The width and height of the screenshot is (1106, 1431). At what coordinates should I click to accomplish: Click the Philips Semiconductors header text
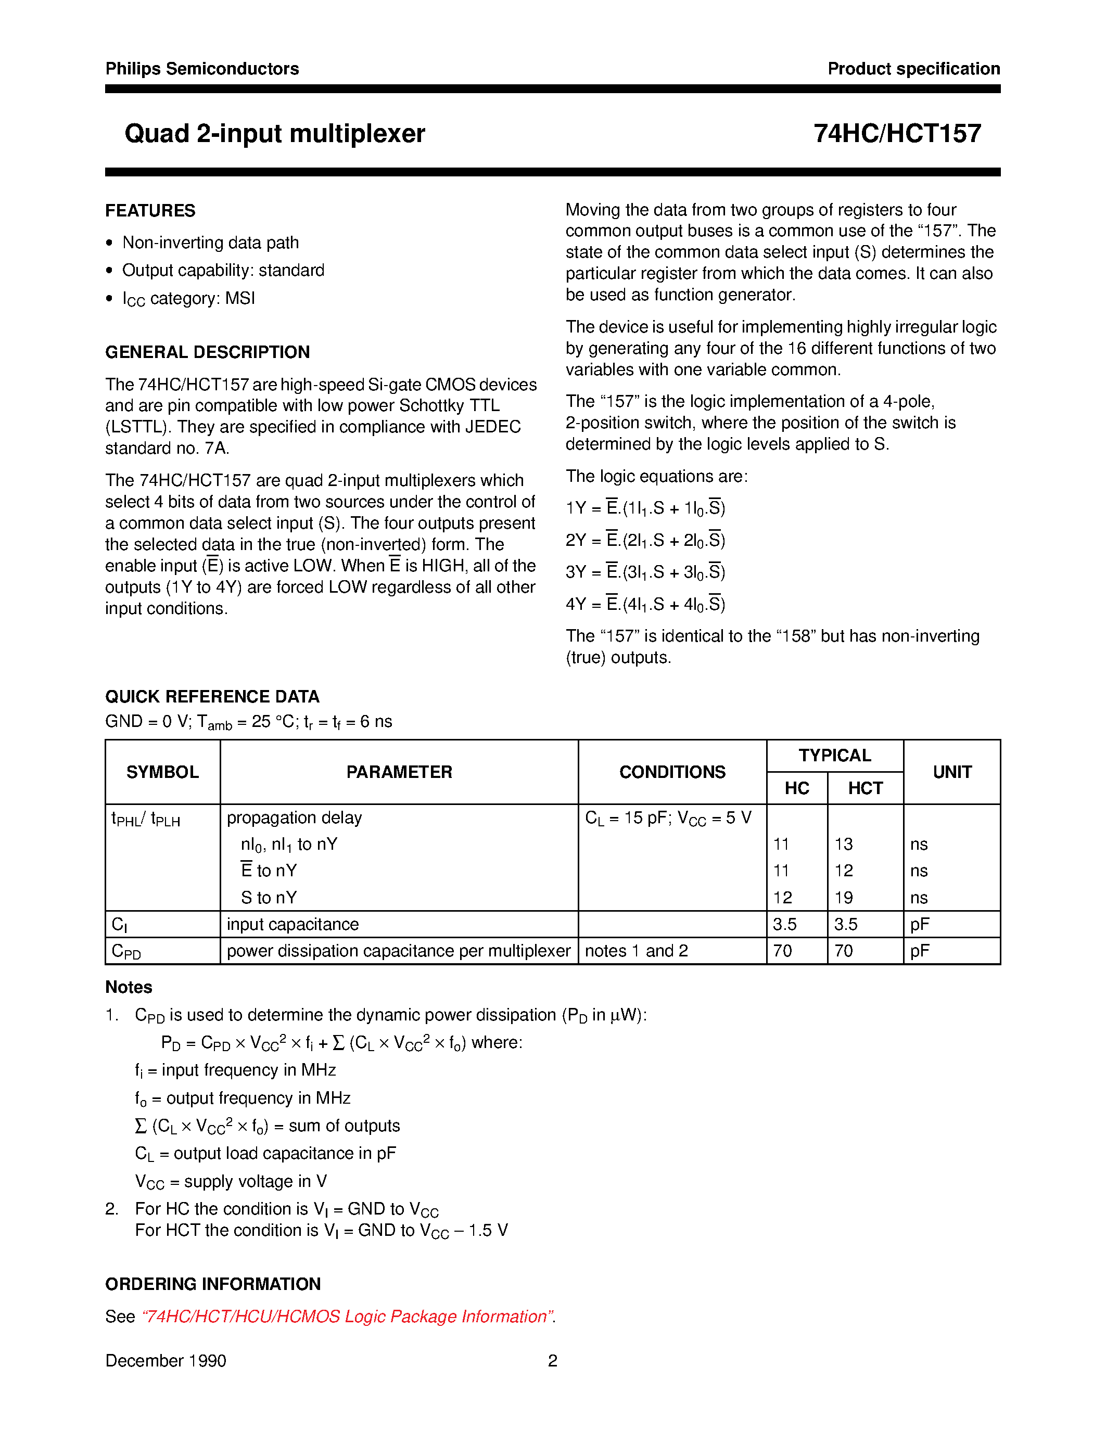click(x=202, y=69)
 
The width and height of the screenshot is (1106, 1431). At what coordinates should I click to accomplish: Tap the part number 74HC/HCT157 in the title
click(x=897, y=134)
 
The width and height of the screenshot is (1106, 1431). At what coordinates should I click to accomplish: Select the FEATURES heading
click(x=150, y=211)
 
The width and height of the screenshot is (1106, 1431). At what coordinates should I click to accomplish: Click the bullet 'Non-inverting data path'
click(x=210, y=242)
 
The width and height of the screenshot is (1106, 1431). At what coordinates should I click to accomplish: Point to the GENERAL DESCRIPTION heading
click(x=207, y=352)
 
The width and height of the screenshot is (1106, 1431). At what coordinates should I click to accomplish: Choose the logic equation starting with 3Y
click(x=645, y=572)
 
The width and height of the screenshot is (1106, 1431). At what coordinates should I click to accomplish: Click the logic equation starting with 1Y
click(x=645, y=508)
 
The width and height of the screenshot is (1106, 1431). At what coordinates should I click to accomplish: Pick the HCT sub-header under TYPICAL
click(x=865, y=788)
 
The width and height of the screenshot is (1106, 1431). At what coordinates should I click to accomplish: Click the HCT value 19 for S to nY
click(x=844, y=898)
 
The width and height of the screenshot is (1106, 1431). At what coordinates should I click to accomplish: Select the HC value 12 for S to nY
click(x=782, y=898)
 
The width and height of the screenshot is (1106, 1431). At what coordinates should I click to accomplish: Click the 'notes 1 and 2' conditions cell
click(x=636, y=951)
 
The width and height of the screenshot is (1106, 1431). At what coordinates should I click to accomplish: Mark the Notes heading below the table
click(x=129, y=988)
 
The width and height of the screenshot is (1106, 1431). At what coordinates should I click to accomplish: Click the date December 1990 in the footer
click(x=166, y=1361)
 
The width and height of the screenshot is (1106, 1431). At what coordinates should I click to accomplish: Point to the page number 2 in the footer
click(x=552, y=1361)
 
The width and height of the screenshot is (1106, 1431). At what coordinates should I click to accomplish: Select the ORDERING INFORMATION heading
click(x=213, y=1284)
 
